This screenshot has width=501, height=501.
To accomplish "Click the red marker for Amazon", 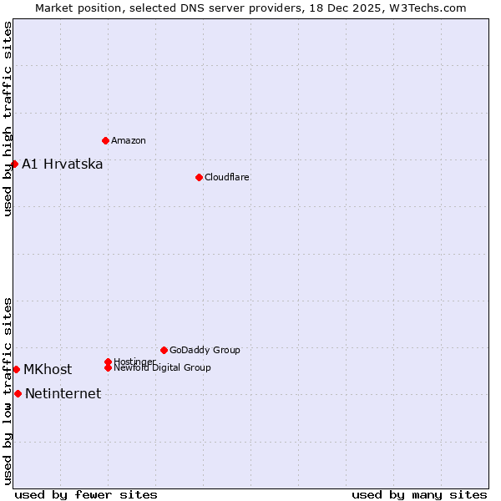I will click(x=105, y=140).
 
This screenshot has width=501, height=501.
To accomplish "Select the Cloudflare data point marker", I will click(x=199, y=177).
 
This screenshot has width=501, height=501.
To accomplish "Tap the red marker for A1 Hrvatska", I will click(x=14, y=164).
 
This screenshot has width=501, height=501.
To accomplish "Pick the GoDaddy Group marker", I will click(x=164, y=350).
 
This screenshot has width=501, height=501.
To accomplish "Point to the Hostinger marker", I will click(x=108, y=362).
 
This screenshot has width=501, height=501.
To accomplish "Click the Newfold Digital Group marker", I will click(x=108, y=367).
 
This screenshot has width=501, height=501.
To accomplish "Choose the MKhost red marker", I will click(x=16, y=369).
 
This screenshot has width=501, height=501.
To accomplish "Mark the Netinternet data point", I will click(x=18, y=393).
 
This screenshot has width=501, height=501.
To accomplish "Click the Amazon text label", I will click(x=128, y=140).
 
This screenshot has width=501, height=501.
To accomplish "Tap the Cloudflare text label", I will click(x=226, y=177).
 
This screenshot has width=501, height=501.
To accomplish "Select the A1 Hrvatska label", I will click(x=62, y=164).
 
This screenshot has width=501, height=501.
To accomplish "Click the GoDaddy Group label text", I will click(x=205, y=350).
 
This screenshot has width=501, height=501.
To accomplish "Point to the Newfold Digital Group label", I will click(x=162, y=367).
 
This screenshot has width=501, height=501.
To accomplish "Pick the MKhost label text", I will click(x=48, y=369).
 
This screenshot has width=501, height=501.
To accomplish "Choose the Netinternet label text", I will click(x=63, y=394).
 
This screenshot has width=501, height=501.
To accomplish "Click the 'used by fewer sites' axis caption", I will click(x=86, y=494).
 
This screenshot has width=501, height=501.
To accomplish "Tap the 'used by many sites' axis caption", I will click(x=419, y=494).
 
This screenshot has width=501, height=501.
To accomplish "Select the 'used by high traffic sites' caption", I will click(x=8, y=119).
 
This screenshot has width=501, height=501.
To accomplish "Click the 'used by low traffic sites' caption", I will click(x=8, y=391).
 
